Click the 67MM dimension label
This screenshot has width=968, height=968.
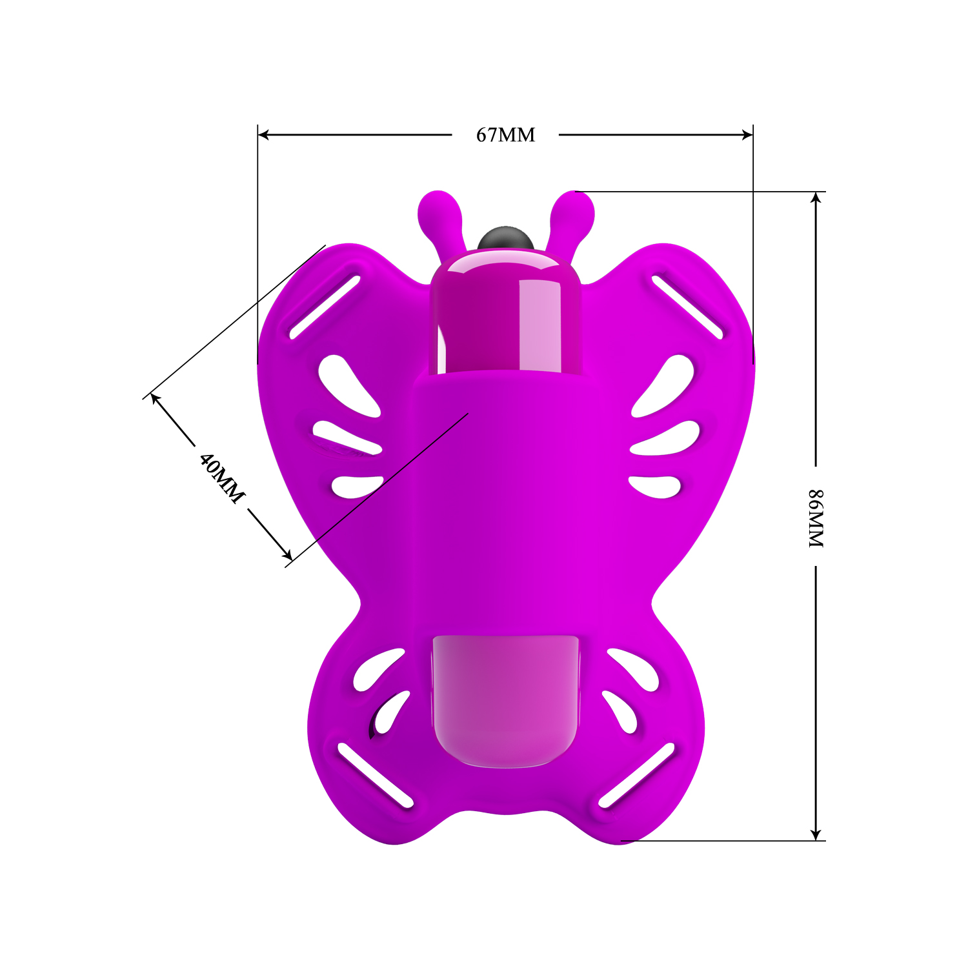(x=505, y=135)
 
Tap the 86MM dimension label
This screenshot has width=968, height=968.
(x=816, y=518)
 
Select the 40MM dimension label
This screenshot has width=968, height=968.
(x=221, y=478)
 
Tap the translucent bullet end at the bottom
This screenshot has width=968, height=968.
(x=505, y=700)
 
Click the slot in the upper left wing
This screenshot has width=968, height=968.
(x=325, y=307)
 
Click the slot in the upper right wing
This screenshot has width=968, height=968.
(x=687, y=307)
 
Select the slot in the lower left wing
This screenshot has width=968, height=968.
(x=375, y=775)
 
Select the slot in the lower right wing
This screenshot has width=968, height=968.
(x=637, y=775)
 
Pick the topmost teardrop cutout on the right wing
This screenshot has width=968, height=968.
(x=667, y=385)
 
